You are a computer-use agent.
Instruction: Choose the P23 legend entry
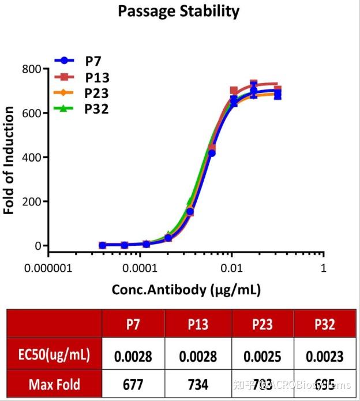tap(97, 92)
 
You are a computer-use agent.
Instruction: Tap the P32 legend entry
tap(96, 108)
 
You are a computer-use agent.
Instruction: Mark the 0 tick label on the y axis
tap(37, 246)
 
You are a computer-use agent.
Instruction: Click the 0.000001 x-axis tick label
tap(48, 269)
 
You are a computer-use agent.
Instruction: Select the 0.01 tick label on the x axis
tap(231, 269)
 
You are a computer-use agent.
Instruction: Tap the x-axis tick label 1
tap(323, 269)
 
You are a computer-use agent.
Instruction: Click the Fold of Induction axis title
tap(9, 160)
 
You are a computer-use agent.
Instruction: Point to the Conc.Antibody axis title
tap(186, 290)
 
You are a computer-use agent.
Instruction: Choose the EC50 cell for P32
tap(324, 357)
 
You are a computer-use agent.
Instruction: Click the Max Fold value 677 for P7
tap(133, 384)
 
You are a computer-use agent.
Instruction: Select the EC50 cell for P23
tap(262, 357)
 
